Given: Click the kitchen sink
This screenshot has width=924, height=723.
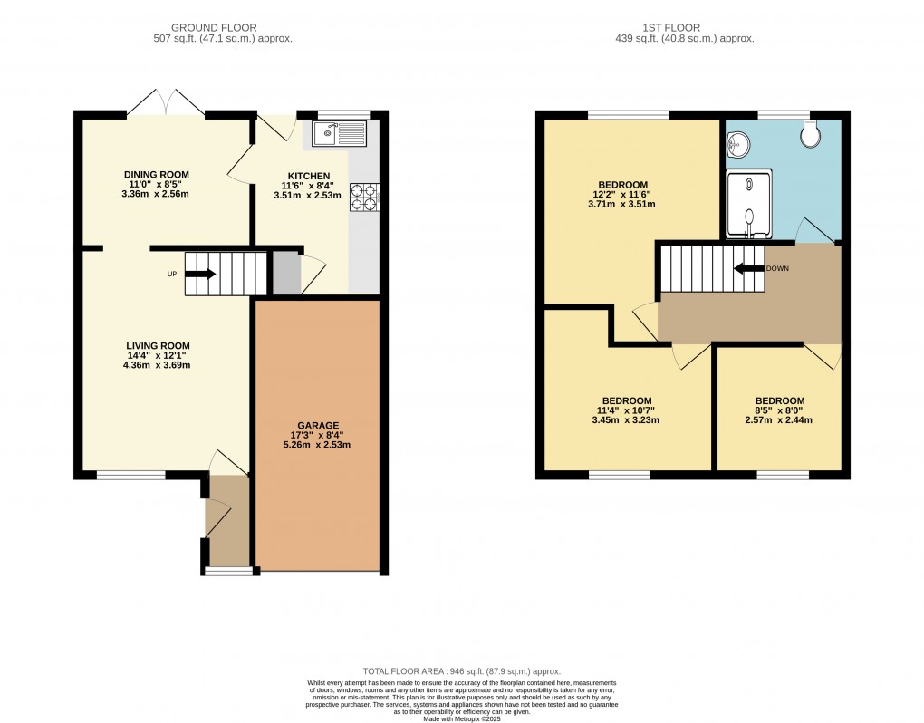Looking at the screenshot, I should [340, 135].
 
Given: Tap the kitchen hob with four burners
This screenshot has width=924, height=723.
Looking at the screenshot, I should [364, 198].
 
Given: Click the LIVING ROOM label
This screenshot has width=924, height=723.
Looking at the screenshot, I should [158, 345].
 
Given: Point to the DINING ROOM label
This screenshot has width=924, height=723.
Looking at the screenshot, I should [156, 175].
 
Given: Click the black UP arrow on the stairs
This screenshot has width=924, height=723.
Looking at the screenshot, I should [202, 274].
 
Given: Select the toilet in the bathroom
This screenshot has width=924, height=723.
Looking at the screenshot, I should [812, 135].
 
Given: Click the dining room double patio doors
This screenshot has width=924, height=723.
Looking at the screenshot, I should [165, 102].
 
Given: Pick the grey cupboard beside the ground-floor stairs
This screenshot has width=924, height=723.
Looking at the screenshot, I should [286, 274].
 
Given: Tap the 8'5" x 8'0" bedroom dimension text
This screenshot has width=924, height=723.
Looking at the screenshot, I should [779, 410].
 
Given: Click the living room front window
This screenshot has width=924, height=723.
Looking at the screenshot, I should [130, 474].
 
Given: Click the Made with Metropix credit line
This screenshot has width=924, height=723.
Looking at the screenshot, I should [462, 718].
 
